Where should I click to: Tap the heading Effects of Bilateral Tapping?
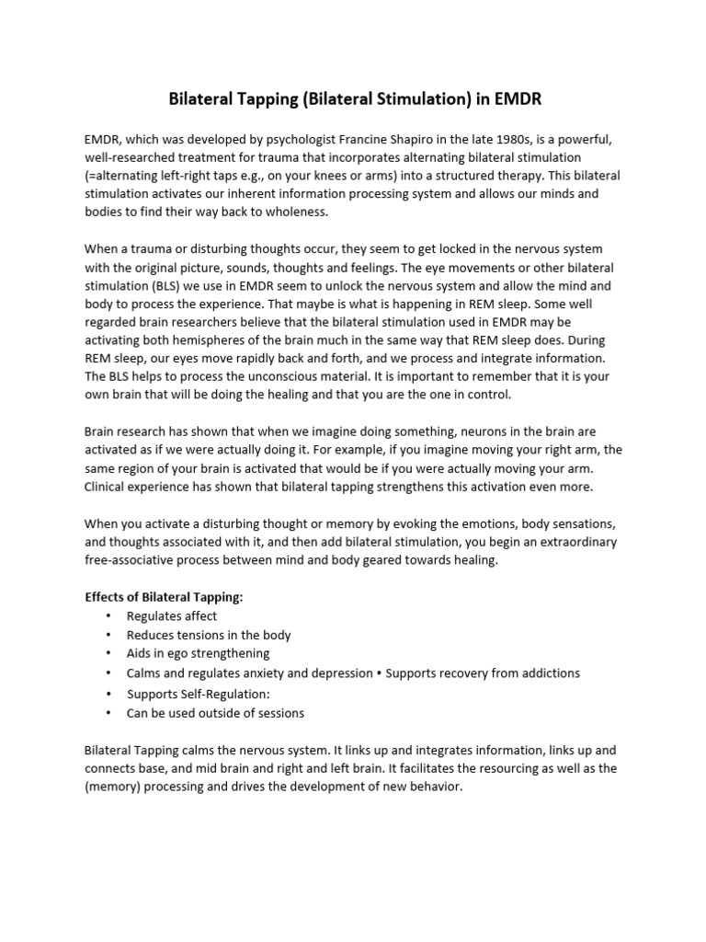point(164,596)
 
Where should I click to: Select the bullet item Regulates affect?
point(172,616)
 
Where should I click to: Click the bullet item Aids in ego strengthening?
point(198,653)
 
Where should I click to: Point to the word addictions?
point(548,672)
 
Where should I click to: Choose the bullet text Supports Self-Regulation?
point(199,694)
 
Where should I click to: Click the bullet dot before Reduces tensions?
point(108,635)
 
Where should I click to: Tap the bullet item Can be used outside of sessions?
point(215,713)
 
